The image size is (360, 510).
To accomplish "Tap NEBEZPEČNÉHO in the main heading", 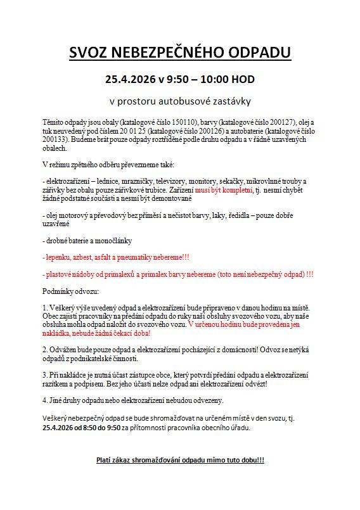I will click(169, 53).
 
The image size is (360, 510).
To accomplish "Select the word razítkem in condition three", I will click(55, 383).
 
